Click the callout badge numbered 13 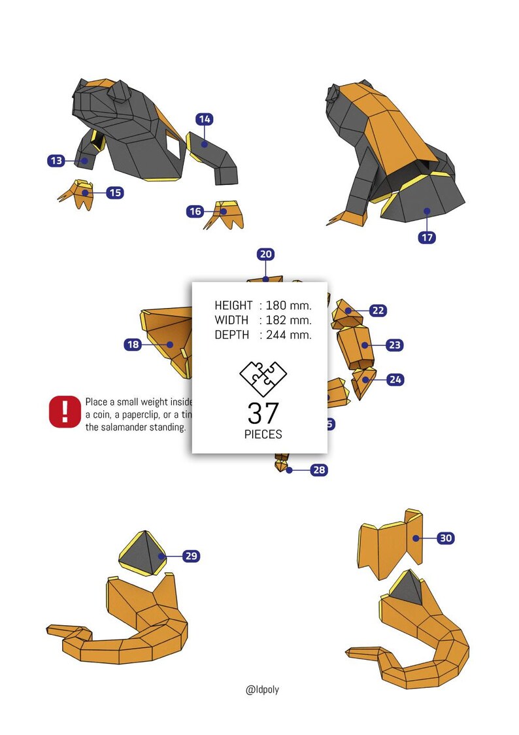(56, 160)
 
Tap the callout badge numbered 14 (205, 119)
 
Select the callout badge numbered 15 (114, 193)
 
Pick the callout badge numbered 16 (195, 211)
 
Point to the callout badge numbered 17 (427, 237)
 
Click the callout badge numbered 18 (133, 345)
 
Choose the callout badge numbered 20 (265, 254)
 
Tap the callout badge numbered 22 (378, 311)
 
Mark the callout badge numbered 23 (394, 345)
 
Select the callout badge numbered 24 (395, 379)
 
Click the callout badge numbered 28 (319, 470)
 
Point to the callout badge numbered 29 (191, 556)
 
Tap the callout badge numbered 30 (445, 538)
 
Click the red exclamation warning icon (64, 411)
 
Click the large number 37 (263, 413)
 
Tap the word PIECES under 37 (263, 435)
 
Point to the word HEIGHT (233, 305)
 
